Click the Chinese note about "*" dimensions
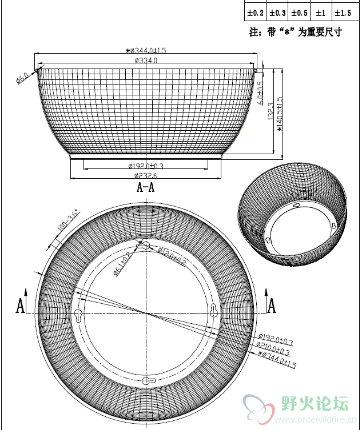(x=295, y=32)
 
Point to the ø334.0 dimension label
(x=146, y=60)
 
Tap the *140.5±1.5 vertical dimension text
(x=280, y=114)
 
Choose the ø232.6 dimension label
(x=146, y=175)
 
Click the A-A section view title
(x=145, y=187)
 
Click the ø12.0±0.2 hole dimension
(x=172, y=256)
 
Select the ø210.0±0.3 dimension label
(x=274, y=349)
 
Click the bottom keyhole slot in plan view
(x=147, y=381)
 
